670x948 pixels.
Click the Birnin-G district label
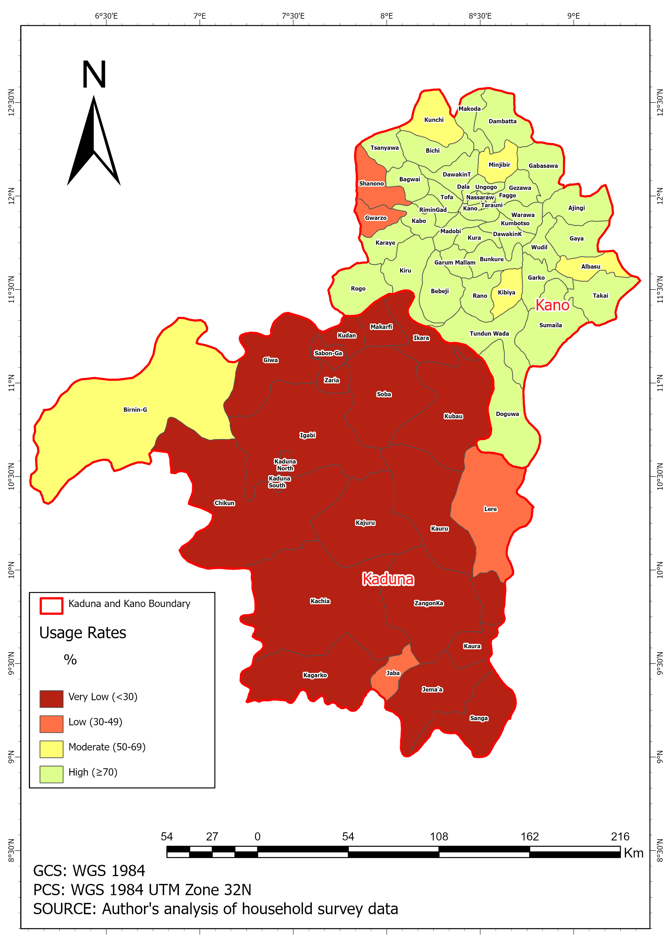tap(135, 410)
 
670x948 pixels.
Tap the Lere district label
tap(490, 509)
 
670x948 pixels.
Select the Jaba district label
tap(393, 673)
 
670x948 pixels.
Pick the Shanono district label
tap(371, 183)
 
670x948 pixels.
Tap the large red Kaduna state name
tap(388, 579)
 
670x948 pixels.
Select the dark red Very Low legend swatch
tap(51, 699)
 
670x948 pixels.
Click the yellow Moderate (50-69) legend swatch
tap(51, 749)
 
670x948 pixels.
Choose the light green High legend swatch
tap(51, 774)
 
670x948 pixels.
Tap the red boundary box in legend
tap(51, 606)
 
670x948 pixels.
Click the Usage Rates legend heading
tap(83, 633)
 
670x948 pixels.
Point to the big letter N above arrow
tap(94, 75)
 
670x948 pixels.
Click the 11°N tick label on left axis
tap(11, 382)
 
